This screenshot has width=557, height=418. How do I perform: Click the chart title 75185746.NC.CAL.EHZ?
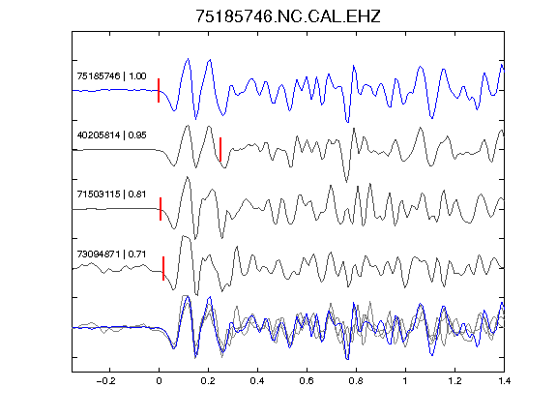click(288, 16)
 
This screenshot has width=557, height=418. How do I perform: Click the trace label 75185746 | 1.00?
click(111, 76)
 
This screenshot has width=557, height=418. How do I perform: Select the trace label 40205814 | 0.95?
click(111, 135)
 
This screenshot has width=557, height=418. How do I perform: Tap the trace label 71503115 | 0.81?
click(111, 194)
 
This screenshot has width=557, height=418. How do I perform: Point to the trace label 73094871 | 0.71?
click(111, 254)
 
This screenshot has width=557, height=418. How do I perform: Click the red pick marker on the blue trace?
click(159, 91)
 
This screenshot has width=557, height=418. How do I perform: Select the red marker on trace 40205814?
click(220, 149)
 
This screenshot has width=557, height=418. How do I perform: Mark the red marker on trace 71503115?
click(161, 209)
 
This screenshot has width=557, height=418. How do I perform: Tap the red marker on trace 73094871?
click(163, 268)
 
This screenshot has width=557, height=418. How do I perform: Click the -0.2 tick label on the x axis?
click(105, 381)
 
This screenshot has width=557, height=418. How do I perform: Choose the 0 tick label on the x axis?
click(159, 381)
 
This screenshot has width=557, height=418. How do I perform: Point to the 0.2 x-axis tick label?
click(208, 381)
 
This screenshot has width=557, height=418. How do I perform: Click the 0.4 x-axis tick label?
click(257, 381)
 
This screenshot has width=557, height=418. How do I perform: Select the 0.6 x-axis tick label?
click(307, 381)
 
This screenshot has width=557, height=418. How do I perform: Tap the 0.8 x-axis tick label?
click(356, 381)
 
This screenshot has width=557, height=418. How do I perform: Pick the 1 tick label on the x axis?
click(405, 381)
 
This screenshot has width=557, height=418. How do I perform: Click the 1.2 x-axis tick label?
click(454, 381)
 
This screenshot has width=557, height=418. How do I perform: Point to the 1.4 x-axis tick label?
click(504, 381)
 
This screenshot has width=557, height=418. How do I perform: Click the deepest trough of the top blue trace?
click(347, 122)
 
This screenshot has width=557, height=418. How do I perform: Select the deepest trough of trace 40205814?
click(347, 181)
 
